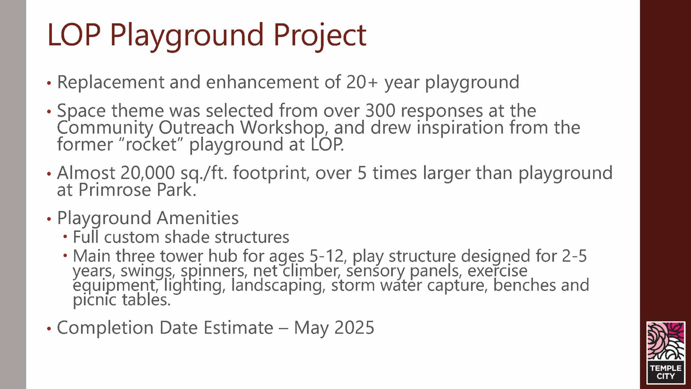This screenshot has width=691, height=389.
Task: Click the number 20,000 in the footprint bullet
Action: click(x=147, y=173)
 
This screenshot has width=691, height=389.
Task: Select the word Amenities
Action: click(x=198, y=218)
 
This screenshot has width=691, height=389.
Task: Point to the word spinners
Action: click(x=214, y=271)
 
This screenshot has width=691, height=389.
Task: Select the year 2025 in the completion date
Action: click(x=354, y=327)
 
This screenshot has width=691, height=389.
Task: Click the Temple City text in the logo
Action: click(x=666, y=372)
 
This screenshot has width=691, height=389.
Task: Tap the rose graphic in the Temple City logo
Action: click(x=666, y=341)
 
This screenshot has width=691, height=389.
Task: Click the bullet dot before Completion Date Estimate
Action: click(x=49, y=329)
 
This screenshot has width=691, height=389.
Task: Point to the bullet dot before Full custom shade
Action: click(x=65, y=237)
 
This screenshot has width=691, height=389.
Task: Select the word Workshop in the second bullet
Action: click(x=283, y=128)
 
